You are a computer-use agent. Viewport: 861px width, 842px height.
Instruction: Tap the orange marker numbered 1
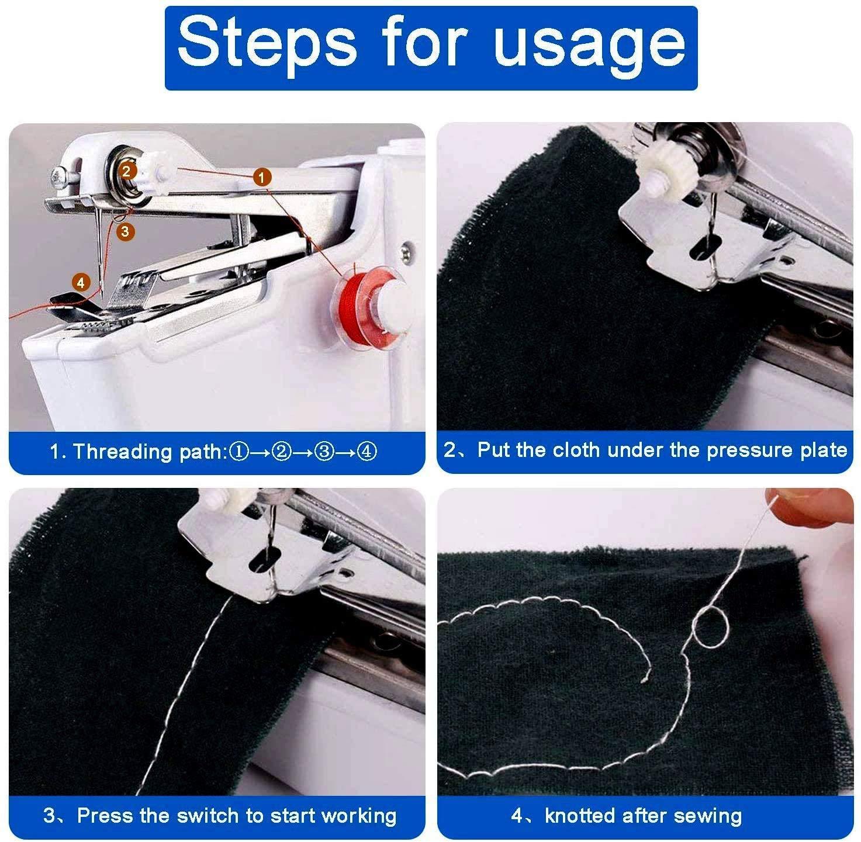tap(262, 176)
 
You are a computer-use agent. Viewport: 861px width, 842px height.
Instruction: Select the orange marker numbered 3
tap(125, 231)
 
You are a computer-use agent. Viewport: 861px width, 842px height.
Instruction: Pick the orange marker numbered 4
tap(81, 283)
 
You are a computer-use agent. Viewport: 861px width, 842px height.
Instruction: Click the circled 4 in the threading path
tap(366, 452)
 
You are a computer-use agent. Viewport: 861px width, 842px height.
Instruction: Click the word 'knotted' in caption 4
tap(581, 815)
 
